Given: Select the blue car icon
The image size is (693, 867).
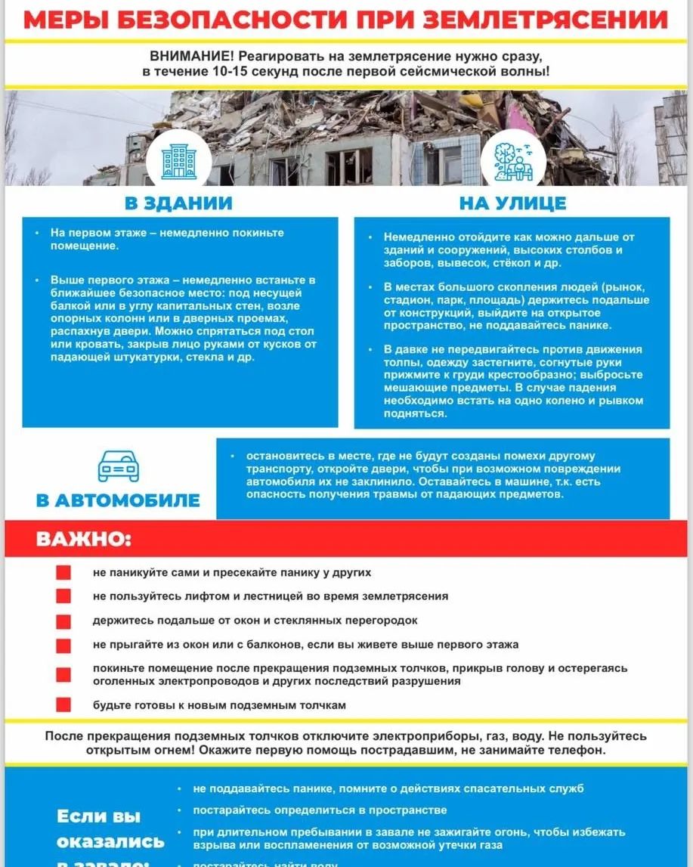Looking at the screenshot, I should pyautogui.click(x=119, y=466).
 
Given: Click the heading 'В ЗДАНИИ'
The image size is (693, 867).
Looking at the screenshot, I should pyautogui.click(x=178, y=203).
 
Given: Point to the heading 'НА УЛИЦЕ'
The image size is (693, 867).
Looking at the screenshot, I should pyautogui.click(x=512, y=203).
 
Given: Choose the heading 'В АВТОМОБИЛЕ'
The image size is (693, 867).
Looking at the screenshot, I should pyautogui.click(x=119, y=500).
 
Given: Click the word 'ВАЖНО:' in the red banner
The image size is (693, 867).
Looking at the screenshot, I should pyautogui.click(x=83, y=540).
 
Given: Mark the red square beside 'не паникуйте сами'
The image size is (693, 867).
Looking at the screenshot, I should pyautogui.click(x=63, y=573).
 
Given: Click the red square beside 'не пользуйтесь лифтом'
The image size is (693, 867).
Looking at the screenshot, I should pyautogui.click(x=63, y=596).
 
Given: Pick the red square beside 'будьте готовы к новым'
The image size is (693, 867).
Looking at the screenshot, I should pyautogui.click(x=63, y=705).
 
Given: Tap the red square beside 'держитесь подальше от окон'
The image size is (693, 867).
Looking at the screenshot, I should pyautogui.click(x=63, y=621).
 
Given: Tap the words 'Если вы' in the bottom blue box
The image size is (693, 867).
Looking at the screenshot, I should pyautogui.click(x=99, y=816).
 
